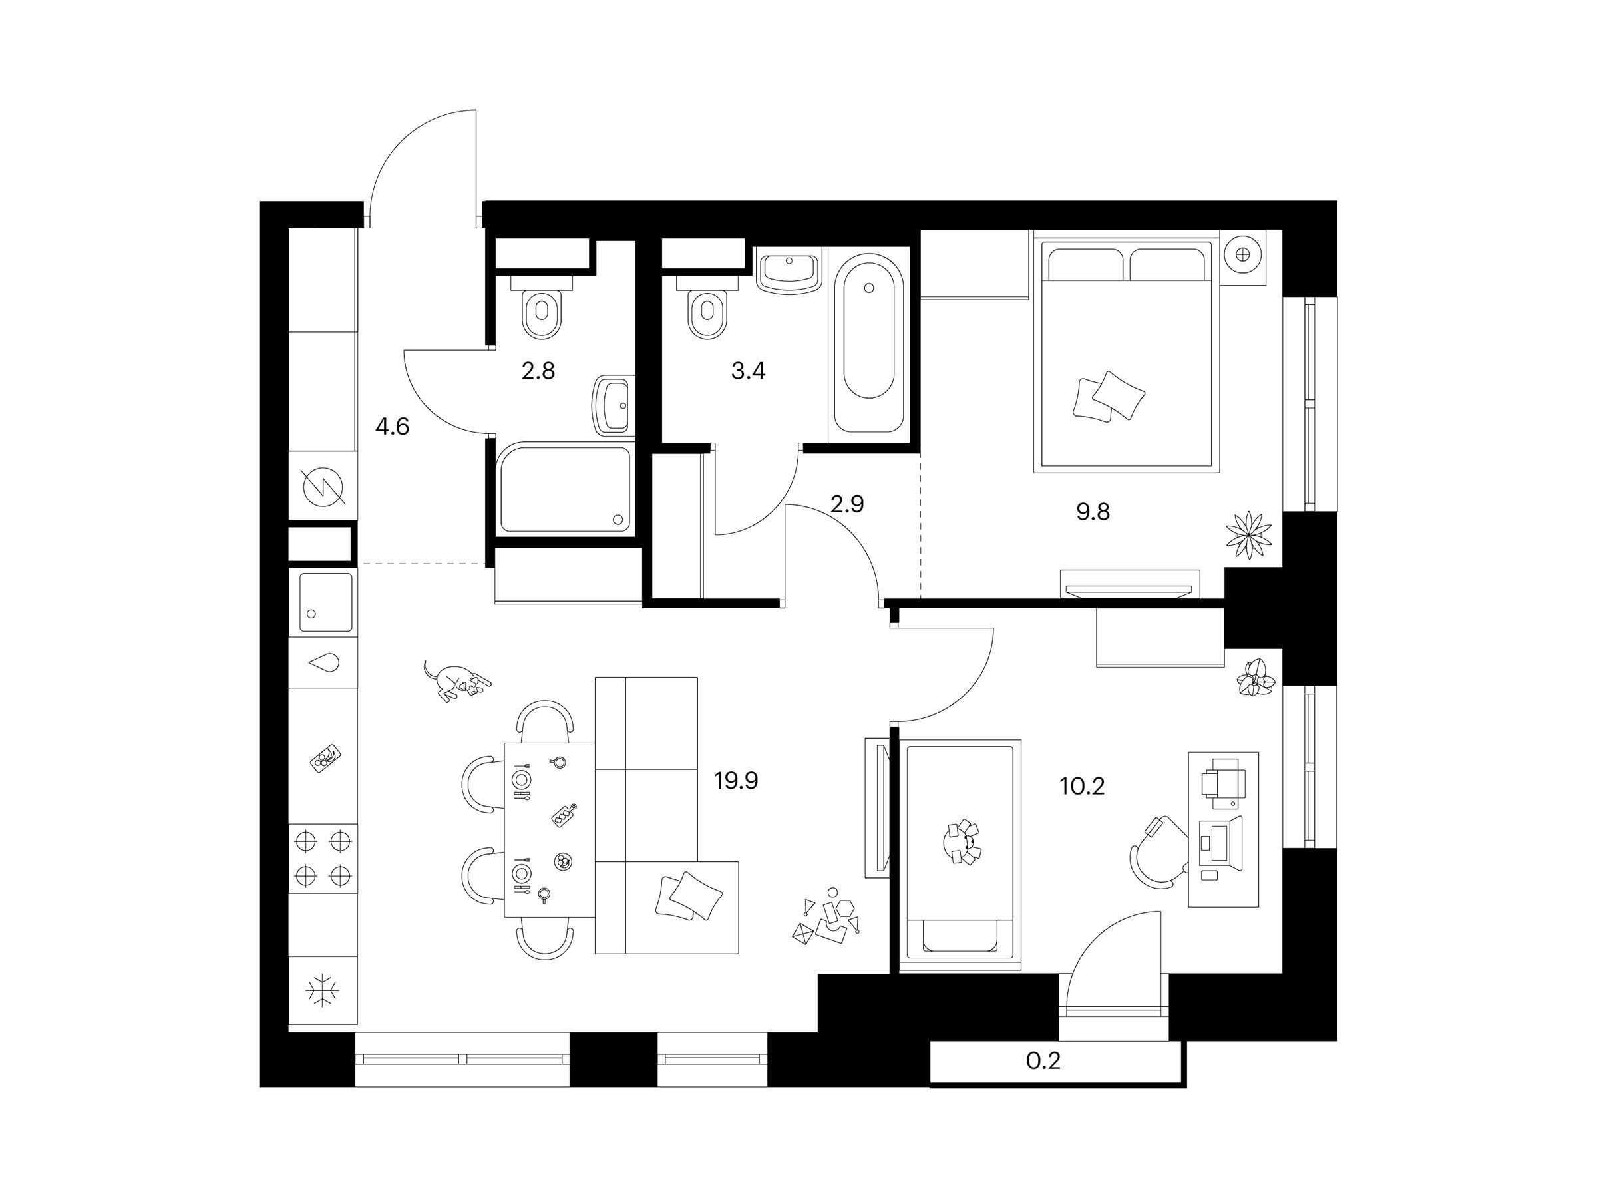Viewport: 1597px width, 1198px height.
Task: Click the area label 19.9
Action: tap(737, 781)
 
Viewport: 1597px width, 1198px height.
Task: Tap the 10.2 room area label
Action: tap(1082, 785)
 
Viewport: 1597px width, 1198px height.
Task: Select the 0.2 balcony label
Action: tap(1043, 1061)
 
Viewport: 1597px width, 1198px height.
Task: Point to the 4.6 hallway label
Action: tap(392, 427)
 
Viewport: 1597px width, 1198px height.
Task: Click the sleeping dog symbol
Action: tap(456, 680)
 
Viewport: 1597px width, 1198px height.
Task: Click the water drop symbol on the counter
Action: tap(323, 663)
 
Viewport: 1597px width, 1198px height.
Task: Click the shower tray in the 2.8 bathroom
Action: tap(564, 487)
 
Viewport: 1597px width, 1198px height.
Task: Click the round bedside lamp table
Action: tap(1242, 254)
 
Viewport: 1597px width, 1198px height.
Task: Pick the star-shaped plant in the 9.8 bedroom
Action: tap(1248, 534)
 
